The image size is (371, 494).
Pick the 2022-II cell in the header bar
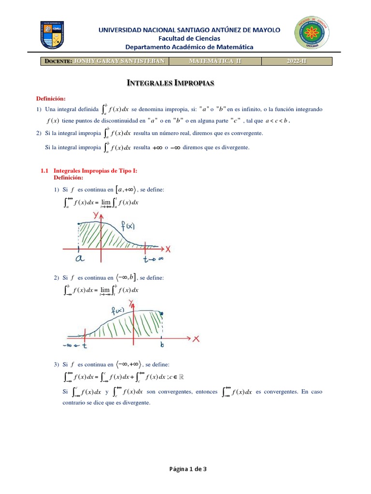click(297, 61)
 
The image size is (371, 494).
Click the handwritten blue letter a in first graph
click(80, 259)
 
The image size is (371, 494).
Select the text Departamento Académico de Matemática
click(189, 47)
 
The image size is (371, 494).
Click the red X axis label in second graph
click(196, 339)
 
